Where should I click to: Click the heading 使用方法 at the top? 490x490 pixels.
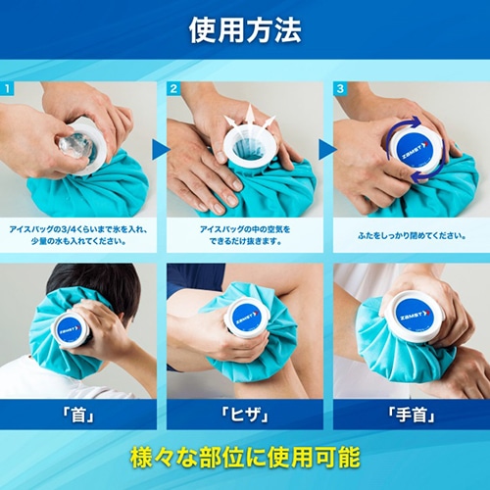pos(245,30)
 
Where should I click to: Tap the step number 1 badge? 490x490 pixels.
pos(7,88)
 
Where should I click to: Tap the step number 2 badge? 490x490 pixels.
pos(173,88)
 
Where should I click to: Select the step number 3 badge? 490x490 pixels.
pos(340,88)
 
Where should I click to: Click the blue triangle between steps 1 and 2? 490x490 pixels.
pos(160,150)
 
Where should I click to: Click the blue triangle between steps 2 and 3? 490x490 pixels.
pos(327,150)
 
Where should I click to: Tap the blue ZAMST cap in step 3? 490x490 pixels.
pos(416,149)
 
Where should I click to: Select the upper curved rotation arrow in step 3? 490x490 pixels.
pos(405,125)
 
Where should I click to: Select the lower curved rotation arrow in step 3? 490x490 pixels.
pos(428,174)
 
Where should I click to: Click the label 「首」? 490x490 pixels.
pos(78,416)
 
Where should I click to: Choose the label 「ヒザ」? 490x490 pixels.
pos(245,416)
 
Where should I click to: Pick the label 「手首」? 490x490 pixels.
pos(412,416)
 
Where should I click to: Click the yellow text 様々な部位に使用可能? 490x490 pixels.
pos(245,458)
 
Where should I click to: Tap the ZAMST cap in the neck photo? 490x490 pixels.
pos(70,328)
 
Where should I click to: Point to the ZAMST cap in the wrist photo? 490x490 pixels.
pos(416,317)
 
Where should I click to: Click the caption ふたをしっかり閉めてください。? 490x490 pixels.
pos(412,235)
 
